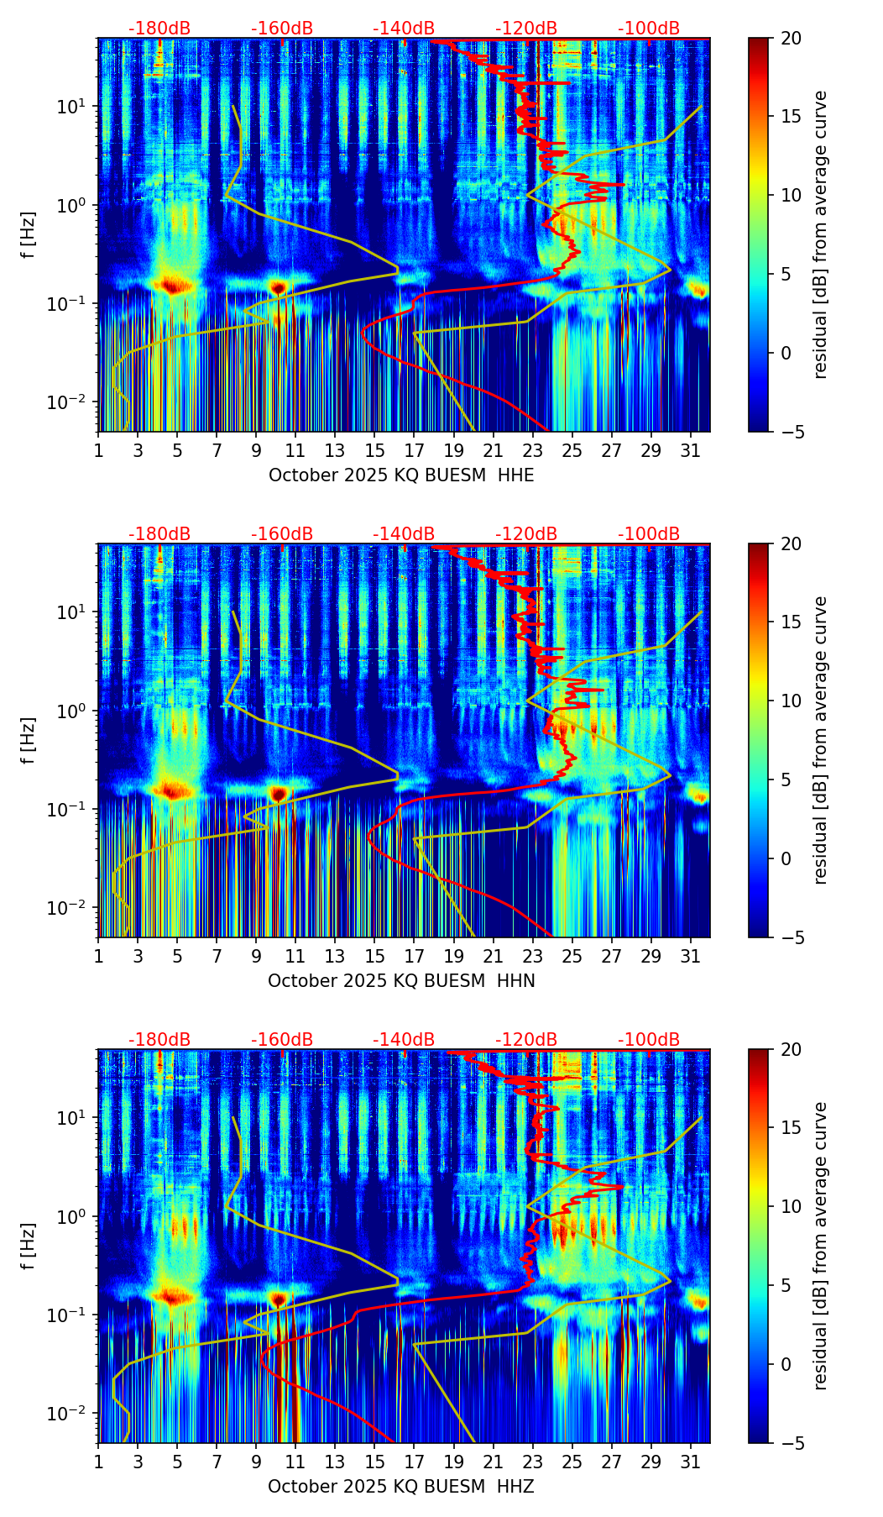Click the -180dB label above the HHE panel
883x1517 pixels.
[159, 29]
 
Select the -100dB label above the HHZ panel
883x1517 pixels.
[649, 1040]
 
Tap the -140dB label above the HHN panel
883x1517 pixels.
[404, 534]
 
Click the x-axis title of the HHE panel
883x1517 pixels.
[401, 475]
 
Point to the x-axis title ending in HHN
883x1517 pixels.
[401, 981]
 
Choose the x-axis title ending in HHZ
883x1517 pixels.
[401, 1487]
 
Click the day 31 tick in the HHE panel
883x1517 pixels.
[691, 451]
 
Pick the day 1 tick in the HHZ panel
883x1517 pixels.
[99, 1462]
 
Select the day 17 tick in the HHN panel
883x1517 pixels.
[415, 957]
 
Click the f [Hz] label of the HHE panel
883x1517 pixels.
[29, 235]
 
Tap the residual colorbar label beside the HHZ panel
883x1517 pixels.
[821, 1246]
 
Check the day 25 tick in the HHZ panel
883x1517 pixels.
[572, 1462]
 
